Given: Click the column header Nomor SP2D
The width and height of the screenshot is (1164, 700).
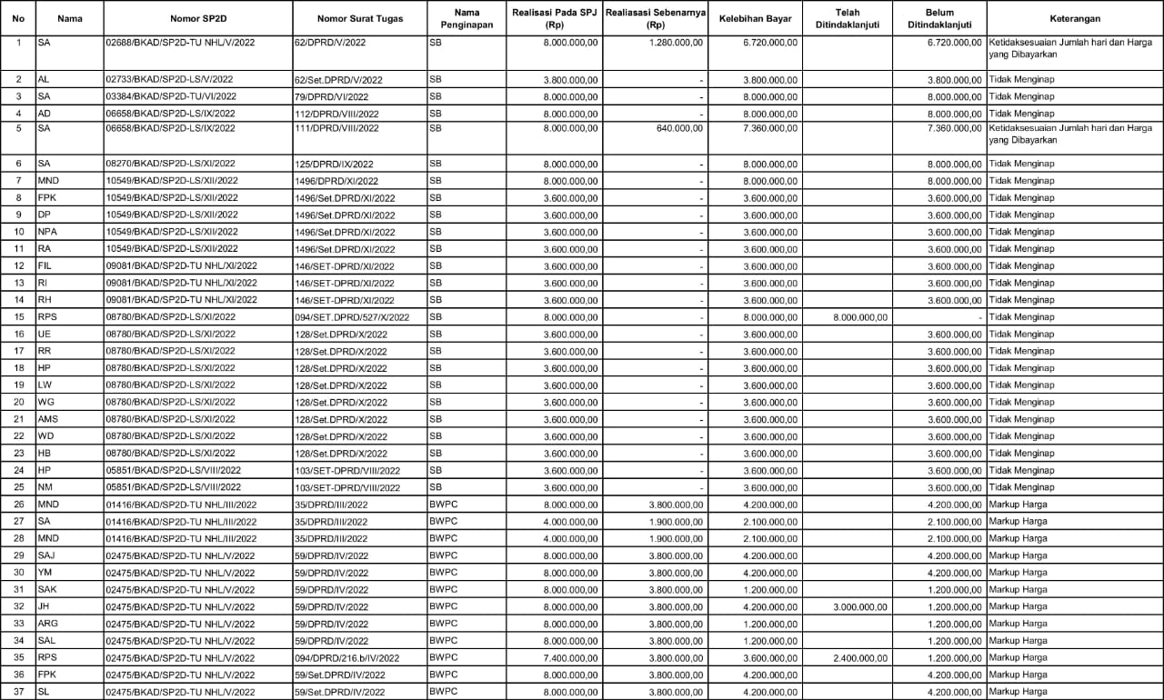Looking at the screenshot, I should [x=197, y=18].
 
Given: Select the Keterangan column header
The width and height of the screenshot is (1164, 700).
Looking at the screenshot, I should [x=1074, y=18].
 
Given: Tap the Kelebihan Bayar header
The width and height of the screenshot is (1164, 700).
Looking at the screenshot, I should [x=753, y=18].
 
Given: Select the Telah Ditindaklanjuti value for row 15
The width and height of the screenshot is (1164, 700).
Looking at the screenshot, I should [x=860, y=317].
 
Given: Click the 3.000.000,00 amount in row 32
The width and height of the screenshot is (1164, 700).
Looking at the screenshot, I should [x=860, y=606].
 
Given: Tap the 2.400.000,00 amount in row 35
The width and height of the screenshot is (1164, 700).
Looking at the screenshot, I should [x=860, y=657].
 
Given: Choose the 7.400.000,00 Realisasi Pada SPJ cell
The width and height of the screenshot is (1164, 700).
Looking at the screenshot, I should [x=571, y=657].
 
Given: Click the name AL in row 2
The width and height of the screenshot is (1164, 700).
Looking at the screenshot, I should [x=44, y=80].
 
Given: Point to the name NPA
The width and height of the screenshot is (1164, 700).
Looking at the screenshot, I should [x=47, y=232].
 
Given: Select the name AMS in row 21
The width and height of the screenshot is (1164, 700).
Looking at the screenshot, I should [x=48, y=419].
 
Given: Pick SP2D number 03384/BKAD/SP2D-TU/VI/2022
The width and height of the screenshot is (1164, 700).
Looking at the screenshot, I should [x=171, y=96].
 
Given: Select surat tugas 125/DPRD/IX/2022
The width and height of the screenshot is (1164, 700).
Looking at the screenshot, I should [x=334, y=164].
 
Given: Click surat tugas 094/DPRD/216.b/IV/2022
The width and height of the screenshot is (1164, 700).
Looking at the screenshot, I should [x=350, y=657].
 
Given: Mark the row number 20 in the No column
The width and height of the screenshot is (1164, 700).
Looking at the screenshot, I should [x=18, y=402].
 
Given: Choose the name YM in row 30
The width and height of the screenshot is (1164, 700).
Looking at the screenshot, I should [x=45, y=573].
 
